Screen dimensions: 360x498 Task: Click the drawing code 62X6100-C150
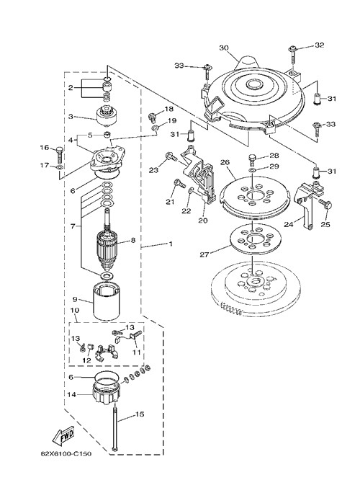point(66,453)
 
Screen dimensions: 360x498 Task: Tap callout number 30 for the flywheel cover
point(224,48)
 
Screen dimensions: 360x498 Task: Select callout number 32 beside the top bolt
point(320,45)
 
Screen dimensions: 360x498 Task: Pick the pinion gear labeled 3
point(107,117)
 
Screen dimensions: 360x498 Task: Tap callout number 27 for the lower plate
point(204,254)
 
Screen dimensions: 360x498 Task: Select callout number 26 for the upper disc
point(225,162)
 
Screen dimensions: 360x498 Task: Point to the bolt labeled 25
point(325,205)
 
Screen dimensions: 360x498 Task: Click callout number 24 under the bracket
point(289,224)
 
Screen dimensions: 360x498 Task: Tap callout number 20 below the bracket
point(202,220)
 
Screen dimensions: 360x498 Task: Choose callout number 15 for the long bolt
point(140,414)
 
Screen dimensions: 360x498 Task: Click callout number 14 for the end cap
point(72,394)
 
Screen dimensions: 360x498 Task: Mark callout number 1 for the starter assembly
point(171,244)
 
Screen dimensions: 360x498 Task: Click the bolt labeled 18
point(152,117)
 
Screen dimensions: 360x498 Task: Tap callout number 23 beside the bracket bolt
point(153,170)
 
